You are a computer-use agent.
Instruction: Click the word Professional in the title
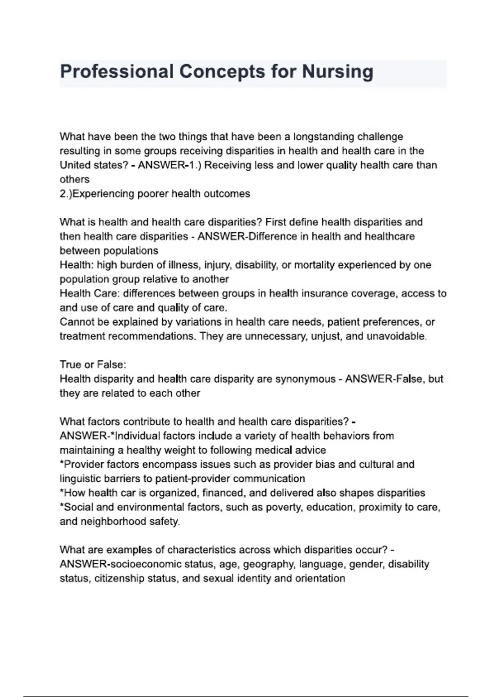pyautogui.click(x=116, y=72)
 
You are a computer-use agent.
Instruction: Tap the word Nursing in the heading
pyautogui.click(x=337, y=72)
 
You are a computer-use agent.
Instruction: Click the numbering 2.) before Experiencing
pyautogui.click(x=66, y=194)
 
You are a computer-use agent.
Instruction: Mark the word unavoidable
pyautogui.click(x=396, y=336)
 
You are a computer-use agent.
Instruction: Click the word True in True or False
pyautogui.click(x=71, y=364)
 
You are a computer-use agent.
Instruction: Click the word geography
pyautogui.click(x=269, y=564)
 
